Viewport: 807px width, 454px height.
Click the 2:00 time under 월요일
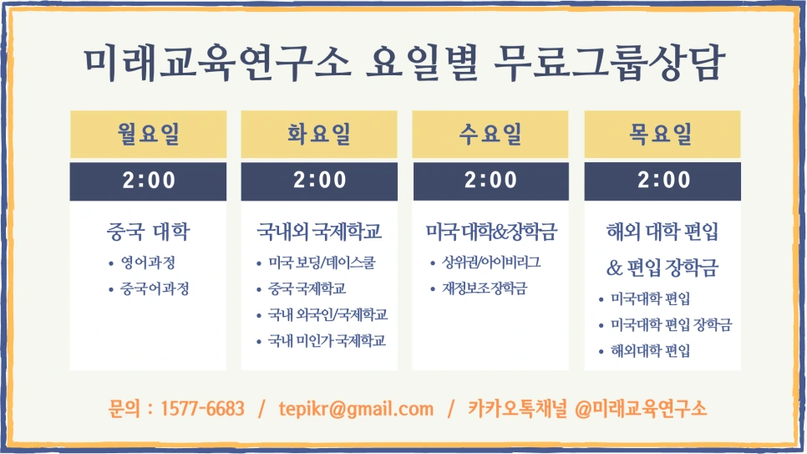coord(148,180)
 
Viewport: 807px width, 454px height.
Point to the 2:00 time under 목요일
coord(662,180)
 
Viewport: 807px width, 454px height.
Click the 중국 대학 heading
coord(148,231)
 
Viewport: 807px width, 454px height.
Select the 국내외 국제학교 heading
coord(319,231)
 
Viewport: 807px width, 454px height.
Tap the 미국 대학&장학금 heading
coord(491,231)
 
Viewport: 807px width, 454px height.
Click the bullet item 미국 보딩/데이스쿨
coord(322,263)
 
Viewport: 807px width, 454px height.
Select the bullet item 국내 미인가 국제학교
coord(327,341)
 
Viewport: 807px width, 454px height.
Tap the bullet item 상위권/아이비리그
coord(491,263)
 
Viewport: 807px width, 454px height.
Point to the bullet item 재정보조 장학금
coord(485,289)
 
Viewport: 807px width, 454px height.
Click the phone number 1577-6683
coord(201,409)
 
